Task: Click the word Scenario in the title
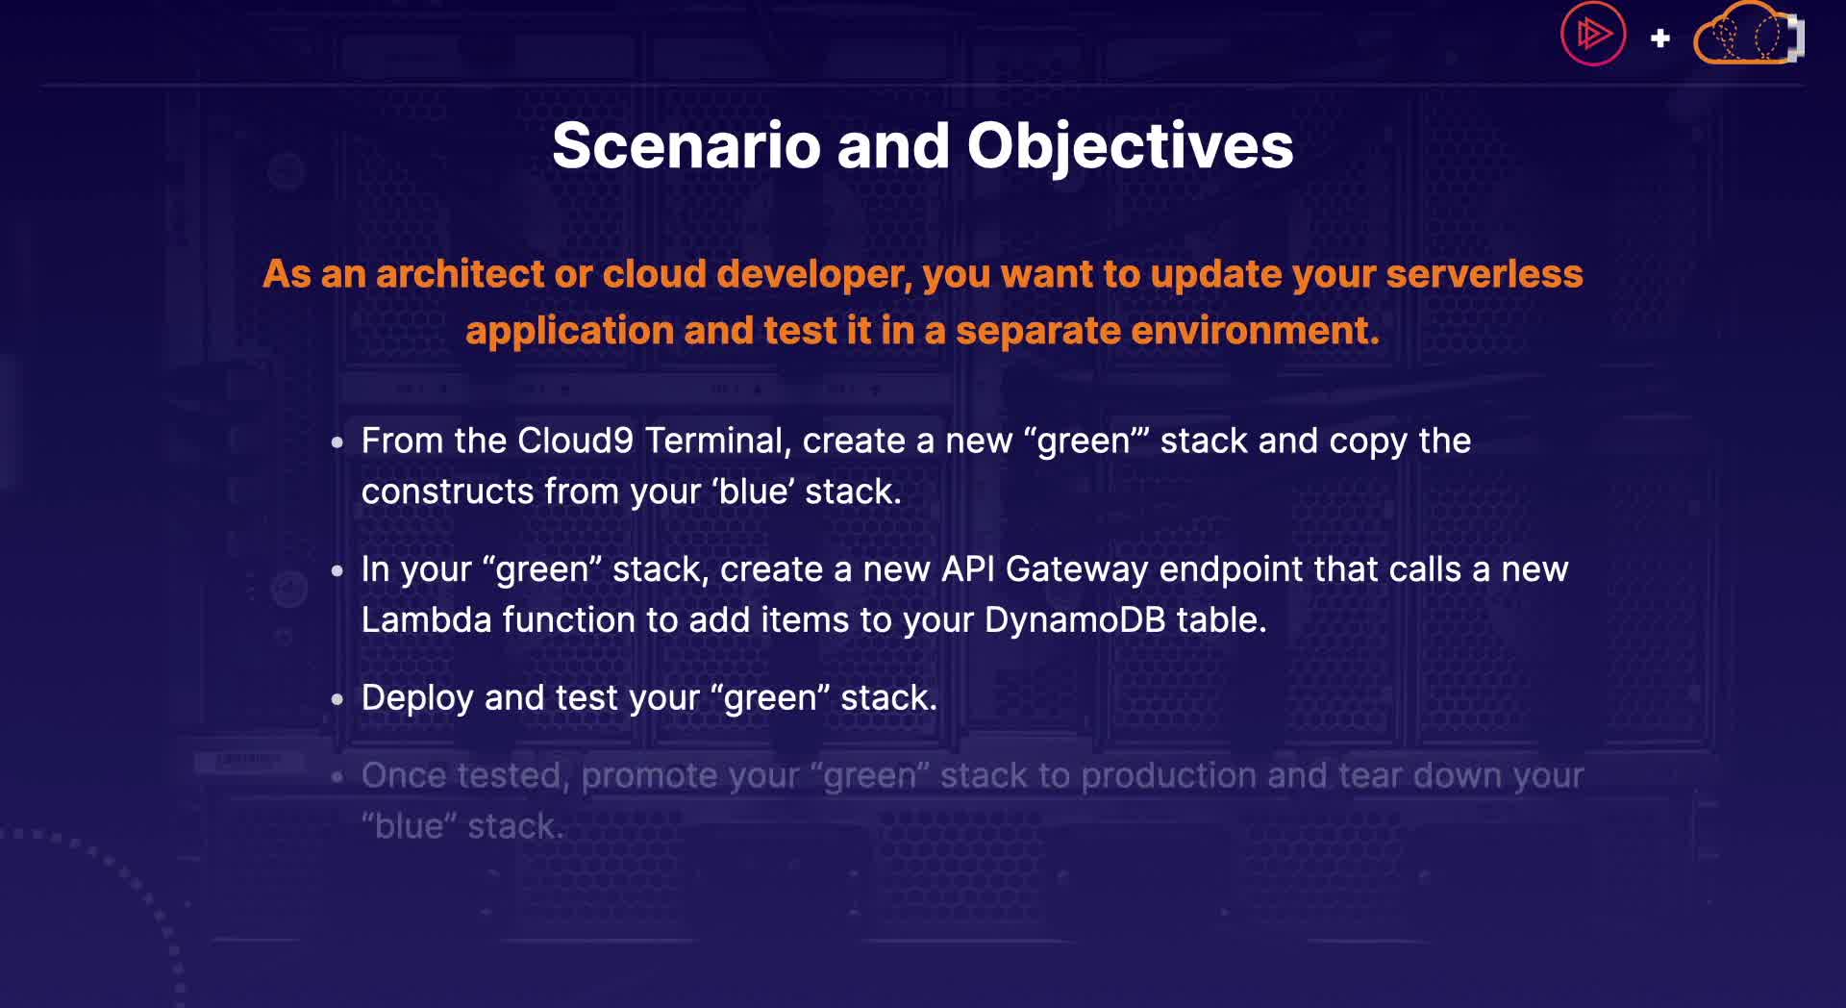pos(686,146)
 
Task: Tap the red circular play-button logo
pos(1593,34)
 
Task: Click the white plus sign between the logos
pos(1660,38)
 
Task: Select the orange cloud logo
pos(1748,35)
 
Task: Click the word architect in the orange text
pos(461,274)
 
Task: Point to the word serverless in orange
pos(1484,274)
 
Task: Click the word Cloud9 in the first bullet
pos(576,441)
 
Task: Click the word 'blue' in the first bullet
pos(753,491)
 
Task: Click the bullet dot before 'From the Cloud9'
pos(337,442)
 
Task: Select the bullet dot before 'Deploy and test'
pos(337,699)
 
